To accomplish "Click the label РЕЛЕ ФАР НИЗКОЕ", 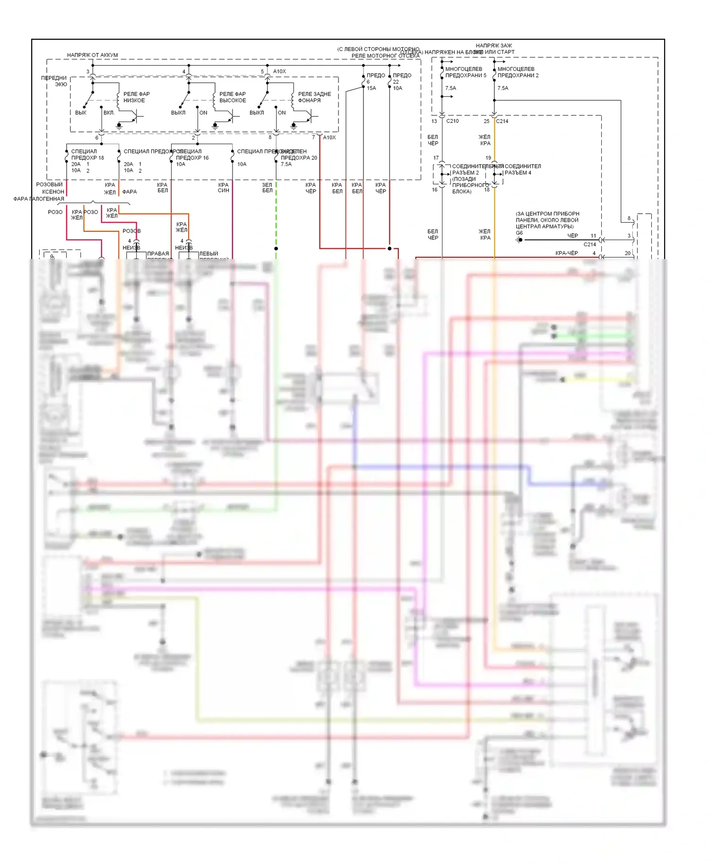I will pos(136,97).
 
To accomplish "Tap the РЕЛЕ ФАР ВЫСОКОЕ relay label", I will pos(233,97).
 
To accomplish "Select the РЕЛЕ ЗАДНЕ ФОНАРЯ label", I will pos(314,97).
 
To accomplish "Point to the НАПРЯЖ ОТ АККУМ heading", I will pos(92,55).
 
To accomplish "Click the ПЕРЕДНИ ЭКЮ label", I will pos(54,81).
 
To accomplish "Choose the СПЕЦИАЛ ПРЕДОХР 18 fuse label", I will pos(87,155).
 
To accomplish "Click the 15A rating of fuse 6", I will pos(372,88).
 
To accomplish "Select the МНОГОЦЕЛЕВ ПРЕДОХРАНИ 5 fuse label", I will pos(466,72).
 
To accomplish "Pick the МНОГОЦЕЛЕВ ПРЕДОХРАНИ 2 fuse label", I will pos(518,72).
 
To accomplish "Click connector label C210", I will pos(452,121).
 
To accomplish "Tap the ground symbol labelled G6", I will pos(519,240).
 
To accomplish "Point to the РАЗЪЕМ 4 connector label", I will pos(518,173).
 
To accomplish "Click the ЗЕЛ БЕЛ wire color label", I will pos(267,188).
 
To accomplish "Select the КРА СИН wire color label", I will pos(224,188).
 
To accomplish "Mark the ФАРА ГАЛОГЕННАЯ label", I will pos(39,199).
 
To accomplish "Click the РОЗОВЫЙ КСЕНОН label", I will pos(50,188).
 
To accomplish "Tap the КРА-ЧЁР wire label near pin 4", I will pos(567,253).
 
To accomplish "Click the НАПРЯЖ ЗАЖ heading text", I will pos(494,46).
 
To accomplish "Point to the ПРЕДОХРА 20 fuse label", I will pos(299,158).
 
